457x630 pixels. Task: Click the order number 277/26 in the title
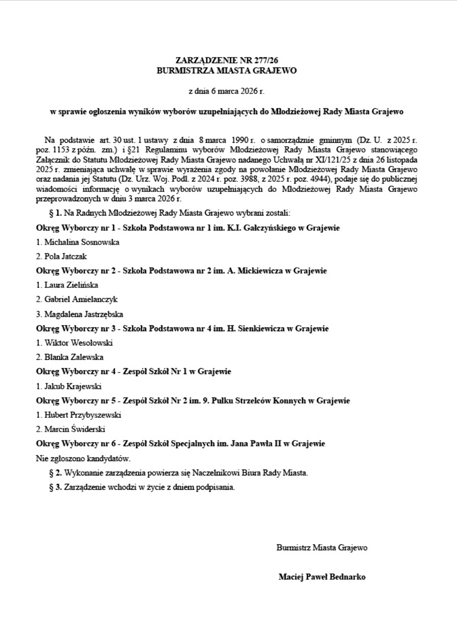[x=265, y=61]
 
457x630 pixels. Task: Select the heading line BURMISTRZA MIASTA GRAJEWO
[x=227, y=70]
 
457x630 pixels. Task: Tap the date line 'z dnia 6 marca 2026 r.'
[x=227, y=91]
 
